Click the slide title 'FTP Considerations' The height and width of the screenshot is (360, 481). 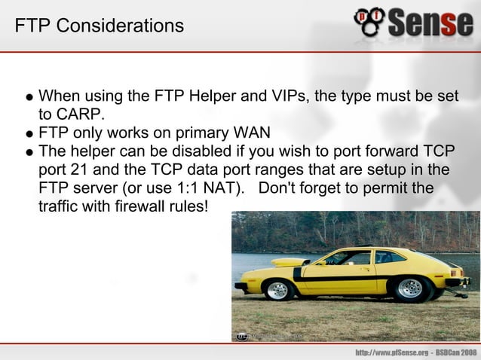[99, 26]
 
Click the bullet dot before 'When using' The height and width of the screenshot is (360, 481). [28, 98]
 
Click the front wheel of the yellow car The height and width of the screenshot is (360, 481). [278, 289]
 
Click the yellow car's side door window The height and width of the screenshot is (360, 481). [354, 258]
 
